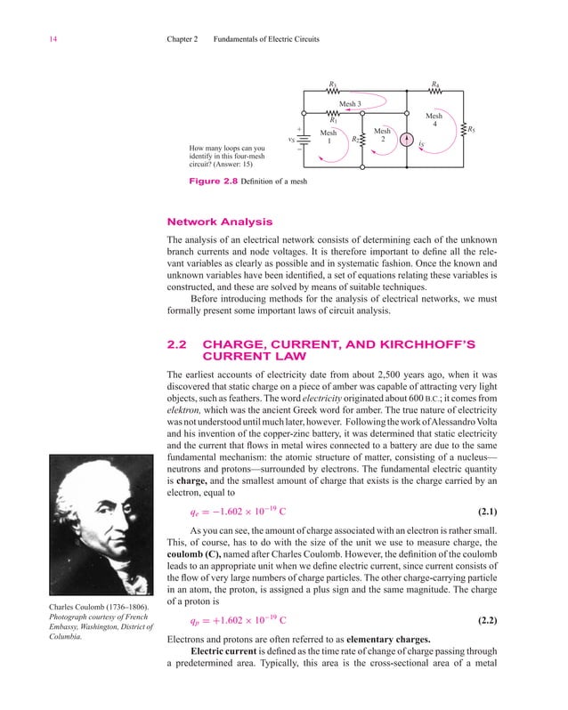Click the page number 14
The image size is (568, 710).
coord(30,40)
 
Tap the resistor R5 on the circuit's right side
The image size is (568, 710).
coord(462,131)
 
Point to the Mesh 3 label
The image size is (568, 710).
coord(351,104)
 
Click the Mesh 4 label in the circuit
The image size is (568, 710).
coord(434,120)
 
